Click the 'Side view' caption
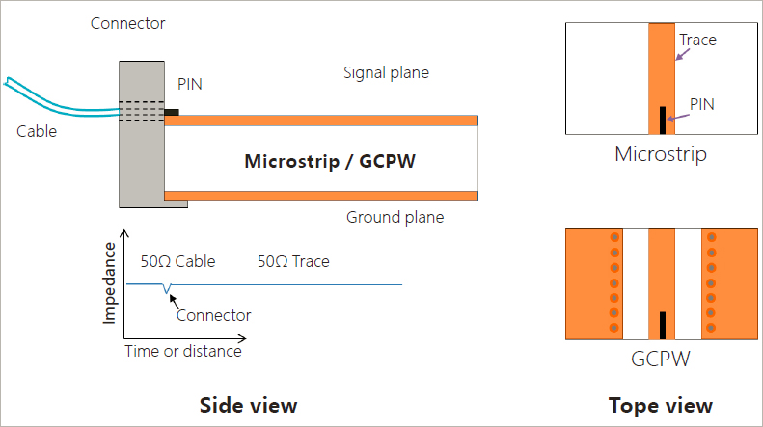pos(248,405)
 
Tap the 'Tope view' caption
pos(661,406)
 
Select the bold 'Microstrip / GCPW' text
pos(330,161)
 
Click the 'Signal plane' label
pos(387,73)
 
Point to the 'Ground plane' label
pos(395,217)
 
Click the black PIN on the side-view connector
pos(172,113)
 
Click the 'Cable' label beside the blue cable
pos(37,131)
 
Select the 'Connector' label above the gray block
pos(128,23)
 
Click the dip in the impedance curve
pos(167,289)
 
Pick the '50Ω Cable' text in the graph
pos(178,261)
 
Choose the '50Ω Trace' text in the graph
pos(293,261)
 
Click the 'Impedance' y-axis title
pos(110,283)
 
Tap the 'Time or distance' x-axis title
pos(183,351)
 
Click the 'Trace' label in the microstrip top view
pos(697,40)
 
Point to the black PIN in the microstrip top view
pos(663,120)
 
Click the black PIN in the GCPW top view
pos(663,326)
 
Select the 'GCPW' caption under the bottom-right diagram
pos(661,360)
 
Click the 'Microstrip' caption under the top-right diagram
pos(661,154)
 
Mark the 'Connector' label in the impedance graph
pos(213,315)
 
